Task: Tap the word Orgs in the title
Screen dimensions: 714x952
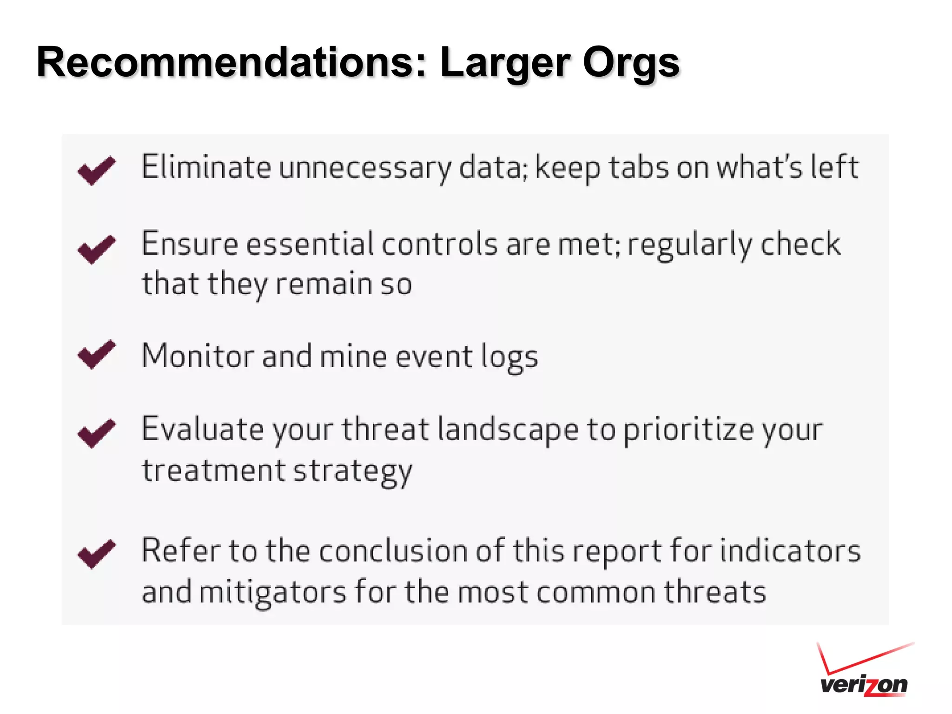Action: [631, 63]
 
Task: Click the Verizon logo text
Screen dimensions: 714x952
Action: [864, 685]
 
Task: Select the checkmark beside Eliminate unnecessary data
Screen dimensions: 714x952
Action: [96, 170]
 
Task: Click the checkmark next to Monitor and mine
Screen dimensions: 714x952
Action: [96, 354]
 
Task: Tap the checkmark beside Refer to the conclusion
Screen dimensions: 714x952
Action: [96, 553]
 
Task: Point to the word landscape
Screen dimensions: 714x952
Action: [508, 430]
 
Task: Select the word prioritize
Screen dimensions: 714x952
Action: [688, 430]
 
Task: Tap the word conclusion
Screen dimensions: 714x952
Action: [393, 551]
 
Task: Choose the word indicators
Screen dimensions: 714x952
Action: [790, 551]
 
